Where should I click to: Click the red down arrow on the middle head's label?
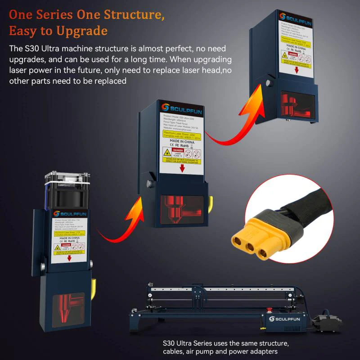click(182, 169)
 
